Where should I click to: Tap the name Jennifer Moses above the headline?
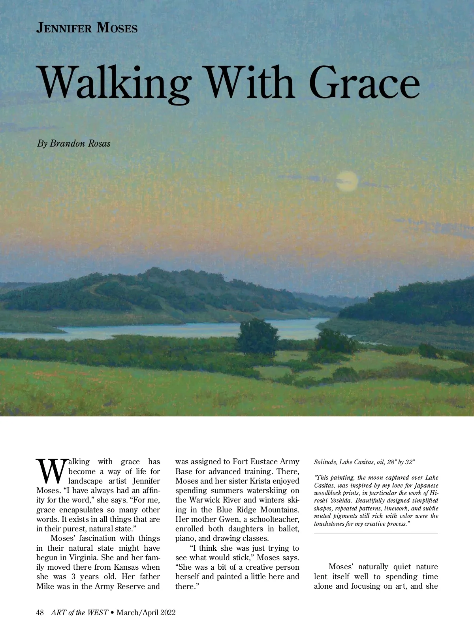pos(87,28)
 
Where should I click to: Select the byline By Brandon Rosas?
pos(74,143)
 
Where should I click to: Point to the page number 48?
pos(40,612)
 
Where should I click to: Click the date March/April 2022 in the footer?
pos(146,612)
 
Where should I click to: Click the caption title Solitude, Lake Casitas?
pos(342,462)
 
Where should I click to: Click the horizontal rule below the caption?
pos(376,533)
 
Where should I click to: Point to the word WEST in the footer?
pos(98,612)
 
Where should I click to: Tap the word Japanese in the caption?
pos(424,485)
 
